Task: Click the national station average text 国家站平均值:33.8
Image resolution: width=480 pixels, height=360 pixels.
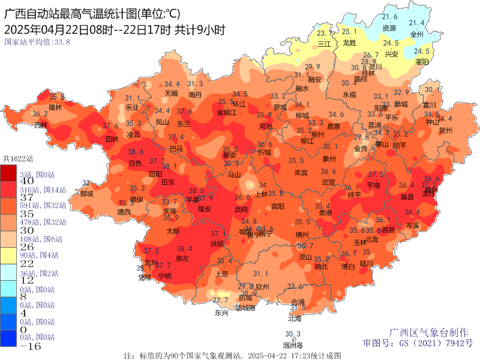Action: tap(37, 42)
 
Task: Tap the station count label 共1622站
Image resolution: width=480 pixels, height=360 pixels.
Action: tap(18, 159)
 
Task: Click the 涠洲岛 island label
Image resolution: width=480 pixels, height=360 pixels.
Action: tap(293, 345)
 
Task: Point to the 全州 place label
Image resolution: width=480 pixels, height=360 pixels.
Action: tap(416, 34)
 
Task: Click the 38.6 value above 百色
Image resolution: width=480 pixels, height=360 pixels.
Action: tap(136, 152)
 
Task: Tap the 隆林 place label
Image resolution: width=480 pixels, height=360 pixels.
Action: tap(55, 107)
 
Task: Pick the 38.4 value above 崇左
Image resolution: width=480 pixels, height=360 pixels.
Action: tap(184, 248)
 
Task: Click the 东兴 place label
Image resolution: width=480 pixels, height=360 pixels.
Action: tap(221, 313)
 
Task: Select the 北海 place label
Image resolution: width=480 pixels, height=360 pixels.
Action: tap(295, 319)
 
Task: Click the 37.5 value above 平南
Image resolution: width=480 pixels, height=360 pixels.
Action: tap(376, 175)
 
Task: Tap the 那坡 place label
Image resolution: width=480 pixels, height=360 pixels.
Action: tap(86, 194)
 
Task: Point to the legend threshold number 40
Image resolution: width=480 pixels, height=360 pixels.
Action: tap(10, 181)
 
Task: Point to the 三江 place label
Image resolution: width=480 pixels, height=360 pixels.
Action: tap(324, 44)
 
